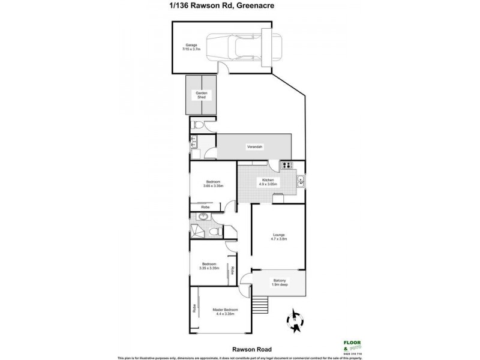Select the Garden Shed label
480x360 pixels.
[x=200, y=95]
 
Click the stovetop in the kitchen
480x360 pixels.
[x=287, y=166]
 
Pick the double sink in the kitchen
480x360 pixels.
[x=301, y=180]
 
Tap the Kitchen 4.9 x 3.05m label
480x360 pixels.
[x=268, y=182]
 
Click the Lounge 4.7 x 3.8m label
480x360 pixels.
[x=278, y=236]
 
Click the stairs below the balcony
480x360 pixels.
[x=260, y=305]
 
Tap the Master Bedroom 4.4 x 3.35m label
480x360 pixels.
[x=223, y=311]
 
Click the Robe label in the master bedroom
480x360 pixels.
[x=194, y=310]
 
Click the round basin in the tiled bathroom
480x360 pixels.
[x=202, y=218]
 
